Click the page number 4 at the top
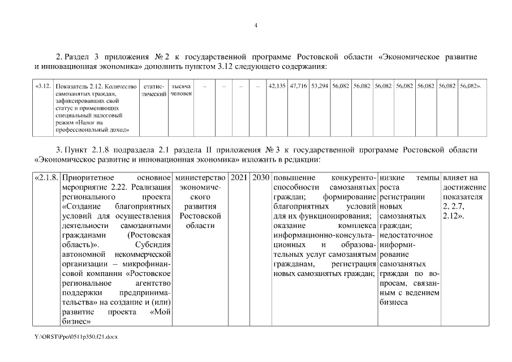pos(256,25)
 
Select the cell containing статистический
pos(152,89)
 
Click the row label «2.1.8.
pos(46,178)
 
